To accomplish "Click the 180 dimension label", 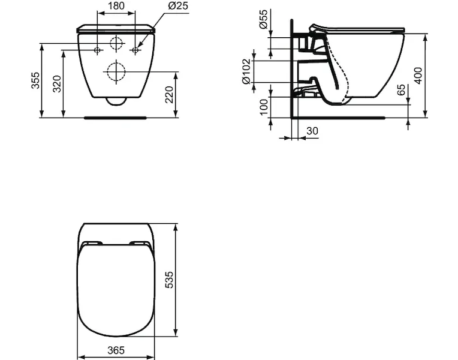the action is coord(116,5).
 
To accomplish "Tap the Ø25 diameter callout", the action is coord(179,5).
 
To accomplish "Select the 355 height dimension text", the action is coord(35,80).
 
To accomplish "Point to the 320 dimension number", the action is coord(57,84).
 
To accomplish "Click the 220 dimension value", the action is coord(170,94).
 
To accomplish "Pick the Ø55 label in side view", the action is coord(263,19).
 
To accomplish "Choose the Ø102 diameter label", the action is coord(246,71).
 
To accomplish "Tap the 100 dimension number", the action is coord(263,107).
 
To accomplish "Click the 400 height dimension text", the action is coord(418,76).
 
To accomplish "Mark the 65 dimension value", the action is coord(401,90).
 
